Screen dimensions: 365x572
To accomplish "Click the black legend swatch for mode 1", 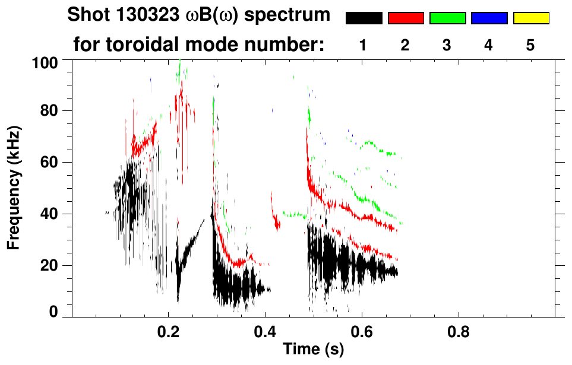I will coord(364,18).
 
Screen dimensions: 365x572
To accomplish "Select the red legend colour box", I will coord(406,18).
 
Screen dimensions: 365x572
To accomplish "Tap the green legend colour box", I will coord(447,18).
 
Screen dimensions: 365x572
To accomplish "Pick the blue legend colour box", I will coord(489,18).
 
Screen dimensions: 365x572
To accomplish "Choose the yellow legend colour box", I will coord(531,18).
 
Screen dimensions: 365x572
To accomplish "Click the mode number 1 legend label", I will coord(364,45).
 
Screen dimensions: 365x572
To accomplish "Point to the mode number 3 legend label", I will coord(447,45).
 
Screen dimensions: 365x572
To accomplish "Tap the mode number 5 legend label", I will coord(531,45).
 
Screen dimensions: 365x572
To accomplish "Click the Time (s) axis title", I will coord(312,350).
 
